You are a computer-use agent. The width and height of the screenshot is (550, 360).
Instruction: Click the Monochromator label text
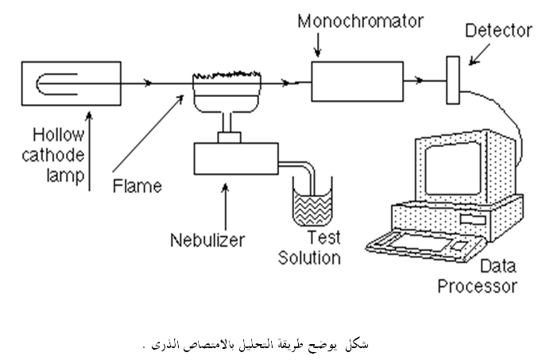point(361,21)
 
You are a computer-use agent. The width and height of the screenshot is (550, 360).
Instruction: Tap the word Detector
point(498,30)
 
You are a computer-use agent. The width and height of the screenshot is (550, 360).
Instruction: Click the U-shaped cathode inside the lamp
point(37,84)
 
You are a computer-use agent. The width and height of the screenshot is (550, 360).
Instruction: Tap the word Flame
point(137,186)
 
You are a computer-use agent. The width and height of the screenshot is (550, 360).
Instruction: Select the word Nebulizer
point(207,240)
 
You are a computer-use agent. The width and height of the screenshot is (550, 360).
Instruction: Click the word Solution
point(309,258)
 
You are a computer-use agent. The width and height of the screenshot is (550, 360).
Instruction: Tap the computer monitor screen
point(452,168)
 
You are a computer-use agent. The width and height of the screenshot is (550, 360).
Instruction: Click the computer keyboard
point(425,245)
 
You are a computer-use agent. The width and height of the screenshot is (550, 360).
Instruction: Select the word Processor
point(477,286)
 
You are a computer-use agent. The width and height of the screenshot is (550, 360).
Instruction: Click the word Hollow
point(58,135)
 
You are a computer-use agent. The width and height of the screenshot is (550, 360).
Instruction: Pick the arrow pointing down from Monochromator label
point(318,45)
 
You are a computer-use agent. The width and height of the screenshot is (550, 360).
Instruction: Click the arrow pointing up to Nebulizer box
point(225,207)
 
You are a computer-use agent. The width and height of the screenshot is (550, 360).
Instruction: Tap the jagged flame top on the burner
point(227,75)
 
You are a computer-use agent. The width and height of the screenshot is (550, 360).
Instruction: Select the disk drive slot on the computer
point(473,219)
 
